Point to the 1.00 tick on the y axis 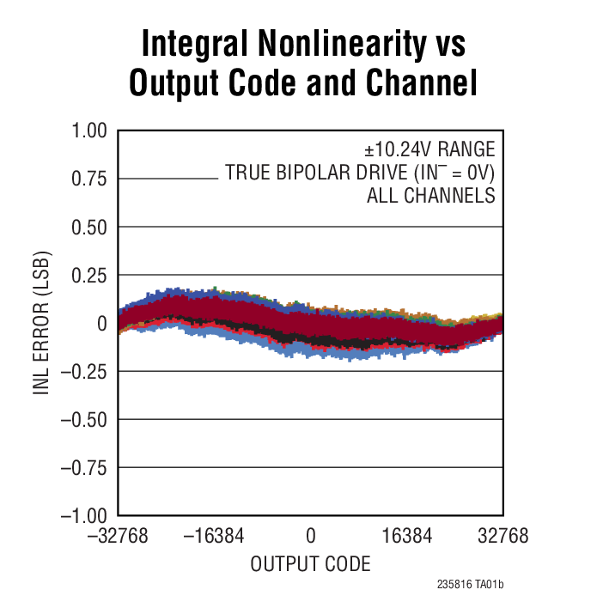tap(88, 131)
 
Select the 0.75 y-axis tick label tap(88, 179)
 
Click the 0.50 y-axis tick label tap(88, 228)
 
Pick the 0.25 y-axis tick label tap(88, 276)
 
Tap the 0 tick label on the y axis tap(100, 324)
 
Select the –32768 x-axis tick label tap(118, 537)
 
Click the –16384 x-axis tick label tap(214, 537)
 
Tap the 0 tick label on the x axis tap(311, 537)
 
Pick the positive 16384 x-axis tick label tap(407, 537)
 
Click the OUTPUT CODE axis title tap(311, 564)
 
